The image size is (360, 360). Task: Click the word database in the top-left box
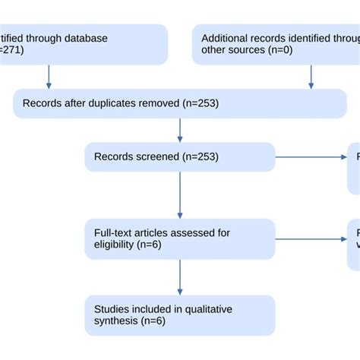click(x=86, y=38)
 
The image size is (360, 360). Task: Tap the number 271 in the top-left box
click(x=14, y=51)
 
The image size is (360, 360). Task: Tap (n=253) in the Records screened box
click(x=198, y=157)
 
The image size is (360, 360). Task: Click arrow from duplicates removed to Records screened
click(x=180, y=131)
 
